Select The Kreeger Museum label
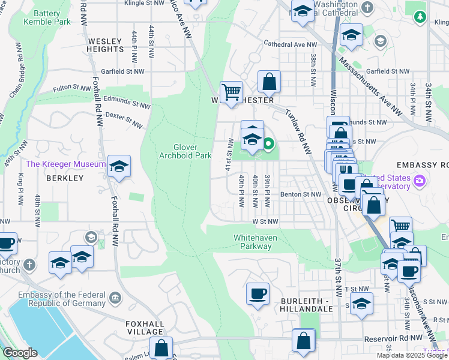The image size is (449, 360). pyautogui.click(x=65, y=164)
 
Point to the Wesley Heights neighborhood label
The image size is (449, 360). pyautogui.click(x=105, y=46)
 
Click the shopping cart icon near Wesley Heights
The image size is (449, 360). pyautogui.click(x=231, y=92)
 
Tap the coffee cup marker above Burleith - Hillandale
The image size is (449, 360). pyautogui.click(x=258, y=294)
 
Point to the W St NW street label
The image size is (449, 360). pyautogui.click(x=265, y=221)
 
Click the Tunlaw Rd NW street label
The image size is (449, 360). pyautogui.click(x=298, y=131)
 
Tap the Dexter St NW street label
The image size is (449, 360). pyautogui.click(x=124, y=119)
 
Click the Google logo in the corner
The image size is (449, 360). pyautogui.click(x=20, y=353)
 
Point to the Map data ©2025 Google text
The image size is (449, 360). pyautogui.click(x=411, y=355)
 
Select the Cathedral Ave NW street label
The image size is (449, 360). pyautogui.click(x=291, y=44)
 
